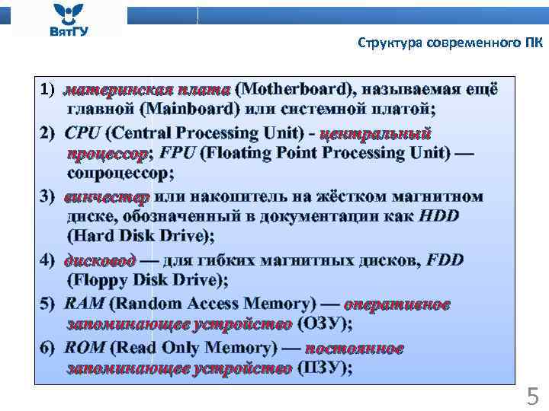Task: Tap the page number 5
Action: [532, 396]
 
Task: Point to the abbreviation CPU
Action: [82, 134]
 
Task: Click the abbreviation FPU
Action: [178, 153]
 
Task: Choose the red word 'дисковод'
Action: [101, 260]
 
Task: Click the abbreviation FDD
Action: [445, 260]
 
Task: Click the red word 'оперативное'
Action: [396, 304]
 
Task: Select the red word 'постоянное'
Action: [354, 349]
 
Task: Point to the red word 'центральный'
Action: [376, 134]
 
